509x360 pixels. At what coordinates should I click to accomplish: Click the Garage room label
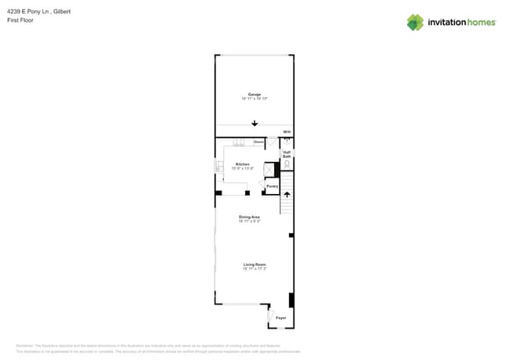coord(254,94)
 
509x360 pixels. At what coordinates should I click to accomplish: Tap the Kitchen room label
coord(243,164)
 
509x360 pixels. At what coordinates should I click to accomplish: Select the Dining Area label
coord(250,217)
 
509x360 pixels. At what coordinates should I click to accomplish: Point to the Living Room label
coord(254,265)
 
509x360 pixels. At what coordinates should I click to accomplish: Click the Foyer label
coord(280,318)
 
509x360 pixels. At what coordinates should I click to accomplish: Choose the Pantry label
coord(272,186)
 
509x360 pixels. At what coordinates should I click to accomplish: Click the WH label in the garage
coord(287,131)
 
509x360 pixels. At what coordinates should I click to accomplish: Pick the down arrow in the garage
coord(254,124)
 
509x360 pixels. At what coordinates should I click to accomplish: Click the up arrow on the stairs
coord(287,194)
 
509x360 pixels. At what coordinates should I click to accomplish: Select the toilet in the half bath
coord(287,166)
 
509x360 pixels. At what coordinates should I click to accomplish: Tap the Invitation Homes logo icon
coord(415,22)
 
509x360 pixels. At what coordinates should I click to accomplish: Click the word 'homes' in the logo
coord(481,23)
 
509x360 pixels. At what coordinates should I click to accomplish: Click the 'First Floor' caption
coord(30,20)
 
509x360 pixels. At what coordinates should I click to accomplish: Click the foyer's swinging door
coord(271,316)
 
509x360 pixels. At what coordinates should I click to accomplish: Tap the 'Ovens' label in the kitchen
coord(258,142)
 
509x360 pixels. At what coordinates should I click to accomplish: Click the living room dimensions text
coord(254,269)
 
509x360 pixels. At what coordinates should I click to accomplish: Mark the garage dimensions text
coord(254,99)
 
